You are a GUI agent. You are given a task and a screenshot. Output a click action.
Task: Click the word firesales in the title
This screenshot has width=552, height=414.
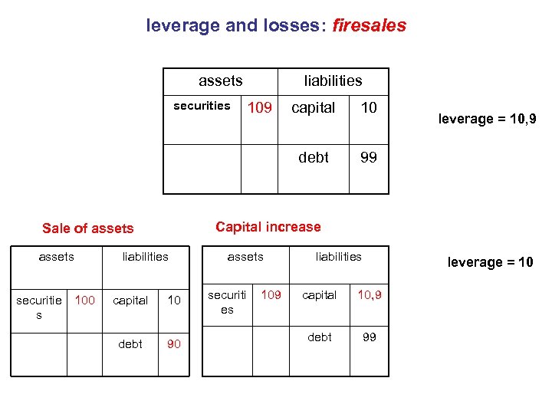coord(370,25)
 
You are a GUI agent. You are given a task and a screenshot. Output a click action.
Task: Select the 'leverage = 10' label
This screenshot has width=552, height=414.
coord(490,262)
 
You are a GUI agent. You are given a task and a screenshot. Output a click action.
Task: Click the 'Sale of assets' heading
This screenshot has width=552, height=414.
coord(87,228)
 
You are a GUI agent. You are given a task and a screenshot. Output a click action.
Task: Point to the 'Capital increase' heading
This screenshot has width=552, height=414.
coord(268,227)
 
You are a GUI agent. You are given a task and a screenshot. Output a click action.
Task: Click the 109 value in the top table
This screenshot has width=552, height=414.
coord(260,108)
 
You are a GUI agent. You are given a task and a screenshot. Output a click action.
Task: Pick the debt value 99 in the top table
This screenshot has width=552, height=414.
coord(369,157)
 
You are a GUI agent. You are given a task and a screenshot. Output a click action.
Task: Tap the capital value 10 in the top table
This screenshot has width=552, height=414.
coord(369,108)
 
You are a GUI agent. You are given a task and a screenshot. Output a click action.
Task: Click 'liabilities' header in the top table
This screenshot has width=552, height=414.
coord(333,80)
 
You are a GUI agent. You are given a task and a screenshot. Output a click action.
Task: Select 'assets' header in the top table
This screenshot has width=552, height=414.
coord(220,80)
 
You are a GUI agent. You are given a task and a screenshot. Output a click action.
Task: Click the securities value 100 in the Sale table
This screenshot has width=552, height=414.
coord(84,300)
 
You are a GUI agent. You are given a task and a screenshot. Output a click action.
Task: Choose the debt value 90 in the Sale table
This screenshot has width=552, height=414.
coord(174,344)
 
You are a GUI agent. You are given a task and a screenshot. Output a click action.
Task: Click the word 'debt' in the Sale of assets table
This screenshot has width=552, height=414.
coord(130,344)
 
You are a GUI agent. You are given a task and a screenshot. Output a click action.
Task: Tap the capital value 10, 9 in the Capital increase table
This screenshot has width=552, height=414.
coord(369,294)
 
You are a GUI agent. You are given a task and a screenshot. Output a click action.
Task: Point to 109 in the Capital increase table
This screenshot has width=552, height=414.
coord(271,294)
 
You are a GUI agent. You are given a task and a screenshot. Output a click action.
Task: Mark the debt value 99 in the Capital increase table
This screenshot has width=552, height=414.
coord(369,337)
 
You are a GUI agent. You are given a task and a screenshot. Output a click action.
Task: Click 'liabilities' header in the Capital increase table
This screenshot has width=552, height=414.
coord(338,257)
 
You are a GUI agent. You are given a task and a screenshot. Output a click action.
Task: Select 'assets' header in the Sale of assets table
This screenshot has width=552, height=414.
coord(56,257)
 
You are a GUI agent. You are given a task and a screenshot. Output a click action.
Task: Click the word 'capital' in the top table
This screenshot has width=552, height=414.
coord(313,108)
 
